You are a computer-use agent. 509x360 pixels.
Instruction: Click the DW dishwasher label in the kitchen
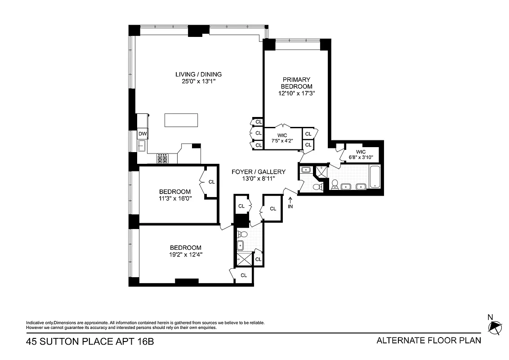[x=142, y=134]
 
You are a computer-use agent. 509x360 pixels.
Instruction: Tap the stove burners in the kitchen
[x=162, y=158]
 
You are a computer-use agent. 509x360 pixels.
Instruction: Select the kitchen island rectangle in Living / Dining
[x=181, y=121]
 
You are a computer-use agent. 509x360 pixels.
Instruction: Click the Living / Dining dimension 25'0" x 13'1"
[x=198, y=82]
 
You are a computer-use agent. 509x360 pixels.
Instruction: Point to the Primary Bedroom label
[x=296, y=83]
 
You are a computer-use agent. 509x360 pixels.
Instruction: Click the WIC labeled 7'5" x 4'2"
[x=282, y=138]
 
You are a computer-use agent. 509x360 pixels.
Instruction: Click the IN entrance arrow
[x=290, y=203]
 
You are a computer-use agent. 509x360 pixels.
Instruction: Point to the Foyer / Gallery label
[x=258, y=172]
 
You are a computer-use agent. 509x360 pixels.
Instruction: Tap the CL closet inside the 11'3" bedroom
[x=211, y=182]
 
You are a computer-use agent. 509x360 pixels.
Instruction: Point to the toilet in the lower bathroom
[x=241, y=234]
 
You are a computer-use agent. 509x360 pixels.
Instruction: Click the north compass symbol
[x=495, y=327]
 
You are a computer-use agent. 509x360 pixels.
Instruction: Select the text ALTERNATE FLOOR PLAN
[x=429, y=341]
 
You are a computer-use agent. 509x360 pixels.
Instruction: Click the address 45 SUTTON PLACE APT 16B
[x=90, y=342]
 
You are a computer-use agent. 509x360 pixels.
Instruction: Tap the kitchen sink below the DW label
[x=142, y=145]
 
